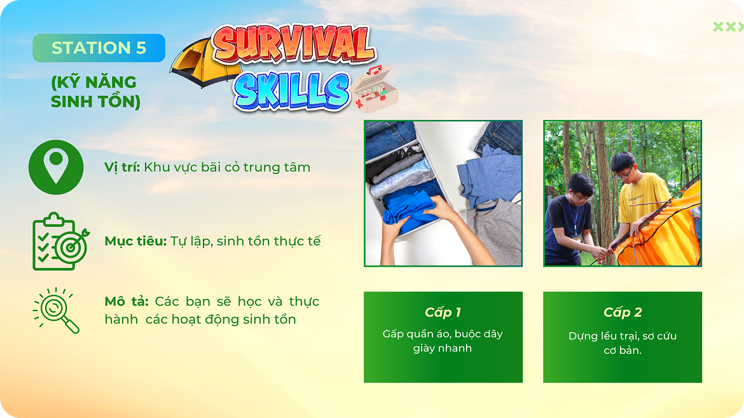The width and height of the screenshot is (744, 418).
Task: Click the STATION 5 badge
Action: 99,48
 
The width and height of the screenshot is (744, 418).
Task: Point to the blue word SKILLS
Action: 291,91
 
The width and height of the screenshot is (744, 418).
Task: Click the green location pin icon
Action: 56,167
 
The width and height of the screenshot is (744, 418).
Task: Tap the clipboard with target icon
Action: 60,241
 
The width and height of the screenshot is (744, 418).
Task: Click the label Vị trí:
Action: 122,167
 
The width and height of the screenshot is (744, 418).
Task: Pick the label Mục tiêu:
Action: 135,241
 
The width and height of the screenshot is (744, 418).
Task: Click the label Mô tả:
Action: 126,301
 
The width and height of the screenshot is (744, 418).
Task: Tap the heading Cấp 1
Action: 443,313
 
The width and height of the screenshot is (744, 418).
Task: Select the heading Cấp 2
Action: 623,313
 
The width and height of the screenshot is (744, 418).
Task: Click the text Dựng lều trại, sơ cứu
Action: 623,336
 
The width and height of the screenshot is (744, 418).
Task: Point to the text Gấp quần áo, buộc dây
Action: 443,334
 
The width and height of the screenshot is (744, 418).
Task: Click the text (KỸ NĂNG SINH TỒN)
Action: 95,91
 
